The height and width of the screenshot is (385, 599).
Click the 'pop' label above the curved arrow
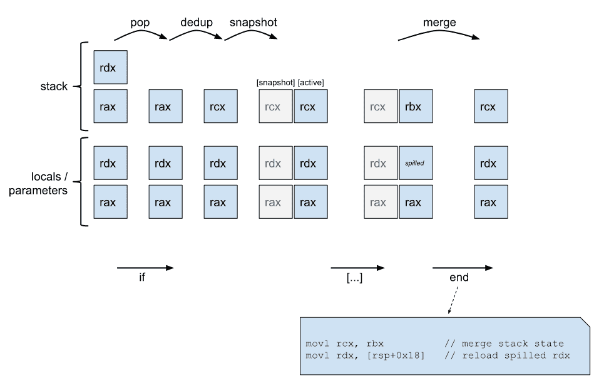coord(140,23)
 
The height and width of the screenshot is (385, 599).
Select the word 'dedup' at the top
coord(196,23)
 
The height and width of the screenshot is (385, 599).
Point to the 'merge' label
coord(439,23)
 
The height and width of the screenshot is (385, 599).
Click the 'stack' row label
coord(54,87)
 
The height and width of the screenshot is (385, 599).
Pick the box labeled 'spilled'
coord(414,163)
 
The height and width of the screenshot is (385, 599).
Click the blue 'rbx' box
coord(414,106)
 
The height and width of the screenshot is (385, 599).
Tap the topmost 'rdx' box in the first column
coord(110,67)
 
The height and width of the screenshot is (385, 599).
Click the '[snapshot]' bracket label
coord(275,83)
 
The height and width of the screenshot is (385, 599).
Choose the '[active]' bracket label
coord(310,83)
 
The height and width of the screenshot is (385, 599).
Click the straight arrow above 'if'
coord(145,268)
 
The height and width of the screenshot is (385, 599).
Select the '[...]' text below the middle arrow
coord(354,278)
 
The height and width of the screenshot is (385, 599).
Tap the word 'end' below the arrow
coord(459,278)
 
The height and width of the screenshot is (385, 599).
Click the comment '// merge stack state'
coord(504,344)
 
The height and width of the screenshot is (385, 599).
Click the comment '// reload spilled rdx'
coord(506,356)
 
